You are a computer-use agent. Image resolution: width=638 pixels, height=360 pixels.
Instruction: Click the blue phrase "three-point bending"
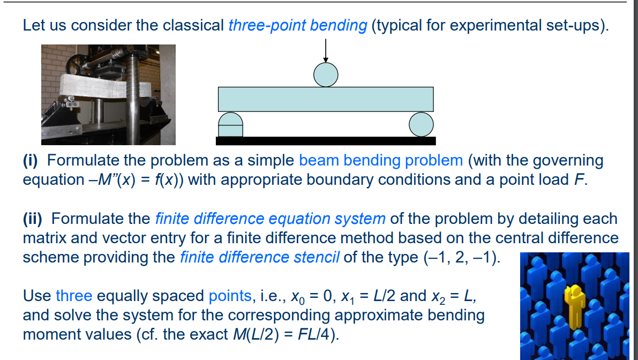[x=297, y=25]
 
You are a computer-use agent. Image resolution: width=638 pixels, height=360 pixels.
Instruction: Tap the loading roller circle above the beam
[x=326, y=74]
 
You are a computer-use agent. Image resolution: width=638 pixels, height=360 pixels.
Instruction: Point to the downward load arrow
[x=326, y=52]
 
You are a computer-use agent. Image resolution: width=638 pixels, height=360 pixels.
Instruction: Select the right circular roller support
[x=421, y=124]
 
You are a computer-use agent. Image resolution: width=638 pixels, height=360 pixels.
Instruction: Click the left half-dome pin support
[x=230, y=124]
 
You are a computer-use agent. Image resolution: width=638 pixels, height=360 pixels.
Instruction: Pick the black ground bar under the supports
[x=326, y=141]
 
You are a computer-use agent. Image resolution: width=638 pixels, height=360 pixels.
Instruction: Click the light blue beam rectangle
[x=326, y=99]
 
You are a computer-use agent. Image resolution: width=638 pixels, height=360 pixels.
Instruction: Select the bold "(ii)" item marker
[x=35, y=219]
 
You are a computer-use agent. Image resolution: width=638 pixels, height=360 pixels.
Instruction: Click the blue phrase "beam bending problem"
[x=381, y=160]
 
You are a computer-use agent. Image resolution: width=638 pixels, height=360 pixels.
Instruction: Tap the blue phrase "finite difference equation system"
[x=270, y=219]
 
